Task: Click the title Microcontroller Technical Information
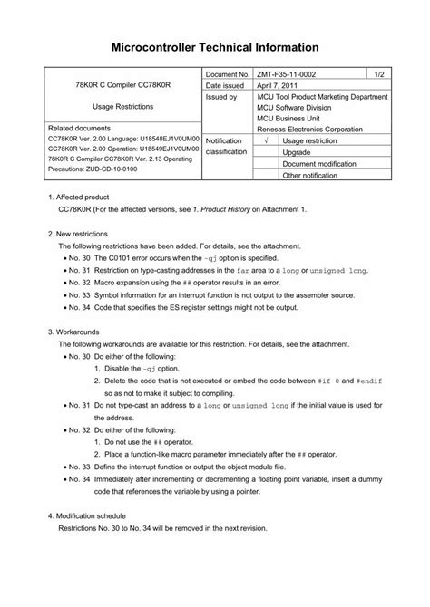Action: click(x=215, y=45)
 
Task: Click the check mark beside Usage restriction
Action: click(x=264, y=140)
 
